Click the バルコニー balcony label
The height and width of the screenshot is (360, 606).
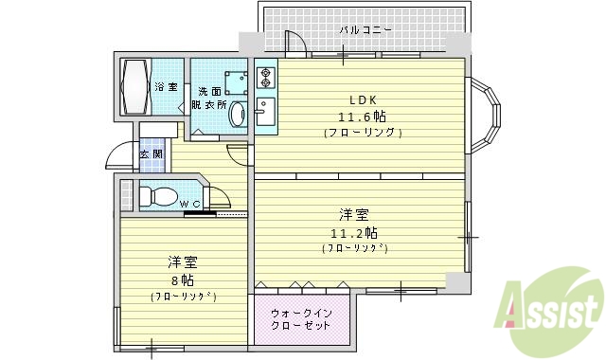365,31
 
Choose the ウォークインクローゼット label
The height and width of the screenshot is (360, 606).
300,318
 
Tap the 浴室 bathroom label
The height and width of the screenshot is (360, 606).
165,88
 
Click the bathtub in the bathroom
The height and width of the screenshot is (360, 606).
134,87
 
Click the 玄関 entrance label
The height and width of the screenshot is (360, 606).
151,153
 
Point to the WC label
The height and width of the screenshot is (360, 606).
189,203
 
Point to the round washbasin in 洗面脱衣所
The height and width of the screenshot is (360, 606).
238,115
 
